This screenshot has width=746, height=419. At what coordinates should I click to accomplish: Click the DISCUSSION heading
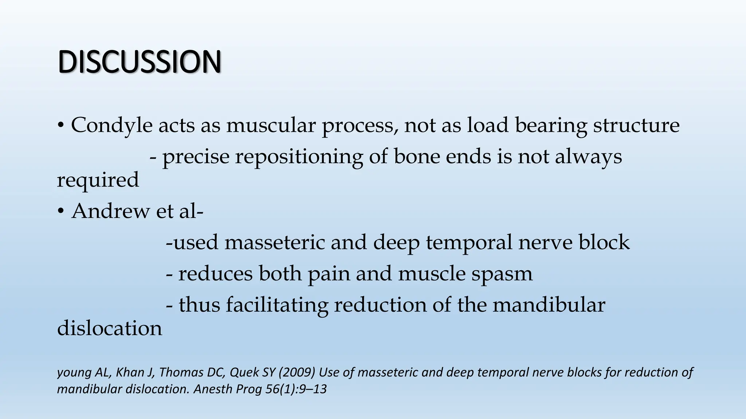pyautogui.click(x=140, y=62)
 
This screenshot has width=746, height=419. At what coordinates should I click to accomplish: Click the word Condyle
pyautogui.click(x=111, y=125)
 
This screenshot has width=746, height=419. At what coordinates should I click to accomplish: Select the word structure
pyautogui.click(x=636, y=125)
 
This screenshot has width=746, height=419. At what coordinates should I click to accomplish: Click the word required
pyautogui.click(x=98, y=180)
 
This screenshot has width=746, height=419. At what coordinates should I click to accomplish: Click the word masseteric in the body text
pyautogui.click(x=275, y=243)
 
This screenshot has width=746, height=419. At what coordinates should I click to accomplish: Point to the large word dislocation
pyautogui.click(x=110, y=328)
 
